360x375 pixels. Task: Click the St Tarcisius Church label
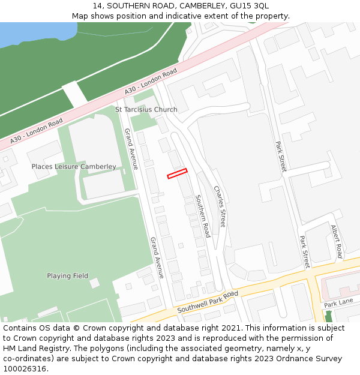click(146, 110)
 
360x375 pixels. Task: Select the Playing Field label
click(68, 276)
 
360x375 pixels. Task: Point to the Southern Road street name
click(203, 215)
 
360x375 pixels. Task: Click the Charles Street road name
click(220, 206)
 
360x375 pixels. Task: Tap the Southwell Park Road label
click(208, 302)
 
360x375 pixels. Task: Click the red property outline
click(177, 173)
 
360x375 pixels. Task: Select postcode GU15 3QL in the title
click(249, 6)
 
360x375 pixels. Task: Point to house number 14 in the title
click(97, 6)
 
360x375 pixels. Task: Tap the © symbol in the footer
click(77, 328)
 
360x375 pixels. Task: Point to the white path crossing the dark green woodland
click(74, 92)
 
